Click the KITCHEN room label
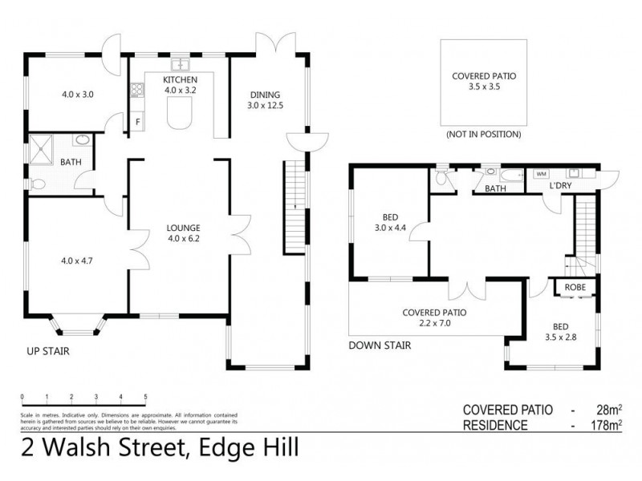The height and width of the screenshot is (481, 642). click(x=178, y=80)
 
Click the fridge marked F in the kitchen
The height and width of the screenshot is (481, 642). click(x=138, y=122)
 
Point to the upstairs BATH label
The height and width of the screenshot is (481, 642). click(x=70, y=162)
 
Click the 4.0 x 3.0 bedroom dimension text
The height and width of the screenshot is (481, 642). click(x=78, y=94)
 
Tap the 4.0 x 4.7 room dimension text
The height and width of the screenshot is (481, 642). click(x=78, y=261)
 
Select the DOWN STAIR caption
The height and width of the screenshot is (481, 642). click(x=380, y=346)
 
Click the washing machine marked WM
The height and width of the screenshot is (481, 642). click(x=540, y=173)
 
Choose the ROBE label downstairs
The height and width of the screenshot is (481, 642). click(x=574, y=287)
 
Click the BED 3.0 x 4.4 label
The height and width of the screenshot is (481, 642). click(x=391, y=221)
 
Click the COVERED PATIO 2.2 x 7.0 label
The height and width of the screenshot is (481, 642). click(x=435, y=317)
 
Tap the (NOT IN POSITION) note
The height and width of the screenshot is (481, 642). click(x=483, y=135)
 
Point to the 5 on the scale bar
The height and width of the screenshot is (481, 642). click(x=145, y=397)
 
